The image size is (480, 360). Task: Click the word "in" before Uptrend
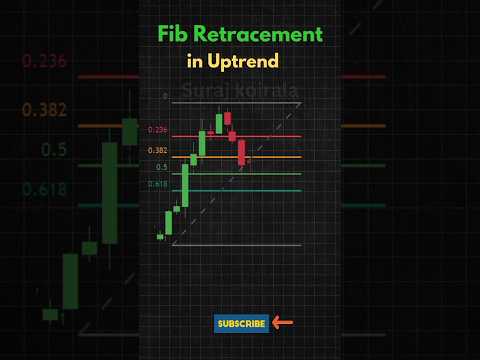point(196,61)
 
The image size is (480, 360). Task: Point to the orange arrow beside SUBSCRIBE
point(282,323)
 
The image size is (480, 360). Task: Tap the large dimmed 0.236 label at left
point(45,61)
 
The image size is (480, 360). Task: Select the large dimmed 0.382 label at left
point(45,110)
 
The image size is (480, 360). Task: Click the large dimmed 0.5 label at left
point(54,149)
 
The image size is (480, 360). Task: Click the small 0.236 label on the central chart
point(157,130)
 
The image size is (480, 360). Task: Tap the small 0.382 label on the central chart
point(157,151)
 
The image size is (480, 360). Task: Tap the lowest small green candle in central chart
point(160,236)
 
